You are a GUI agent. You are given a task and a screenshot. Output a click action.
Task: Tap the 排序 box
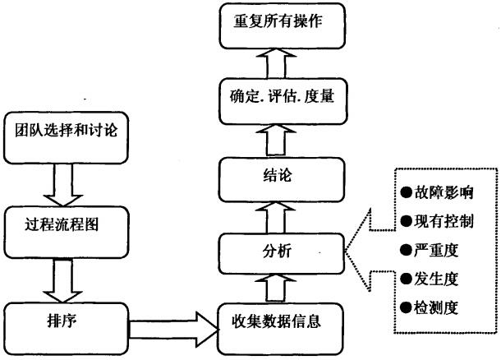pyautogui.click(x=67, y=321)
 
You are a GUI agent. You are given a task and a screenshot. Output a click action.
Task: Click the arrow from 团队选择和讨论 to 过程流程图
pyautogui.click(x=67, y=179)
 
